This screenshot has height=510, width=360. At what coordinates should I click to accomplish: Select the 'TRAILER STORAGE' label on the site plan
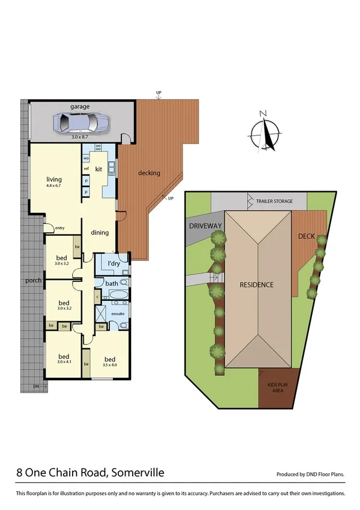pyautogui.click(x=274, y=201)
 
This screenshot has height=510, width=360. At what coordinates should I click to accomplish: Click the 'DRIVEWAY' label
pyautogui.click(x=206, y=226)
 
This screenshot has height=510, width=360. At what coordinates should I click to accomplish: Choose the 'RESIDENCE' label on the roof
pyautogui.click(x=257, y=284)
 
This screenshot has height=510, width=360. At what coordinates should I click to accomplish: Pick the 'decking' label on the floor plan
pyautogui.click(x=149, y=173)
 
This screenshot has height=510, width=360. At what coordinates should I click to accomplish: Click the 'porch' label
pyautogui.click(x=32, y=281)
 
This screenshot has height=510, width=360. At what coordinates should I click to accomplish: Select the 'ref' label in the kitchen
pyautogui.click(x=86, y=169)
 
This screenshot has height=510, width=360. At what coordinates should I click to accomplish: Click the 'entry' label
pyautogui.click(x=59, y=228)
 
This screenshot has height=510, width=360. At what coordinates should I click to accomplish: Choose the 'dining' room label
pyautogui.click(x=99, y=233)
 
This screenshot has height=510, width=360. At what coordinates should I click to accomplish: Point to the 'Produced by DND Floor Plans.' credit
pyautogui.click(x=310, y=475)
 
